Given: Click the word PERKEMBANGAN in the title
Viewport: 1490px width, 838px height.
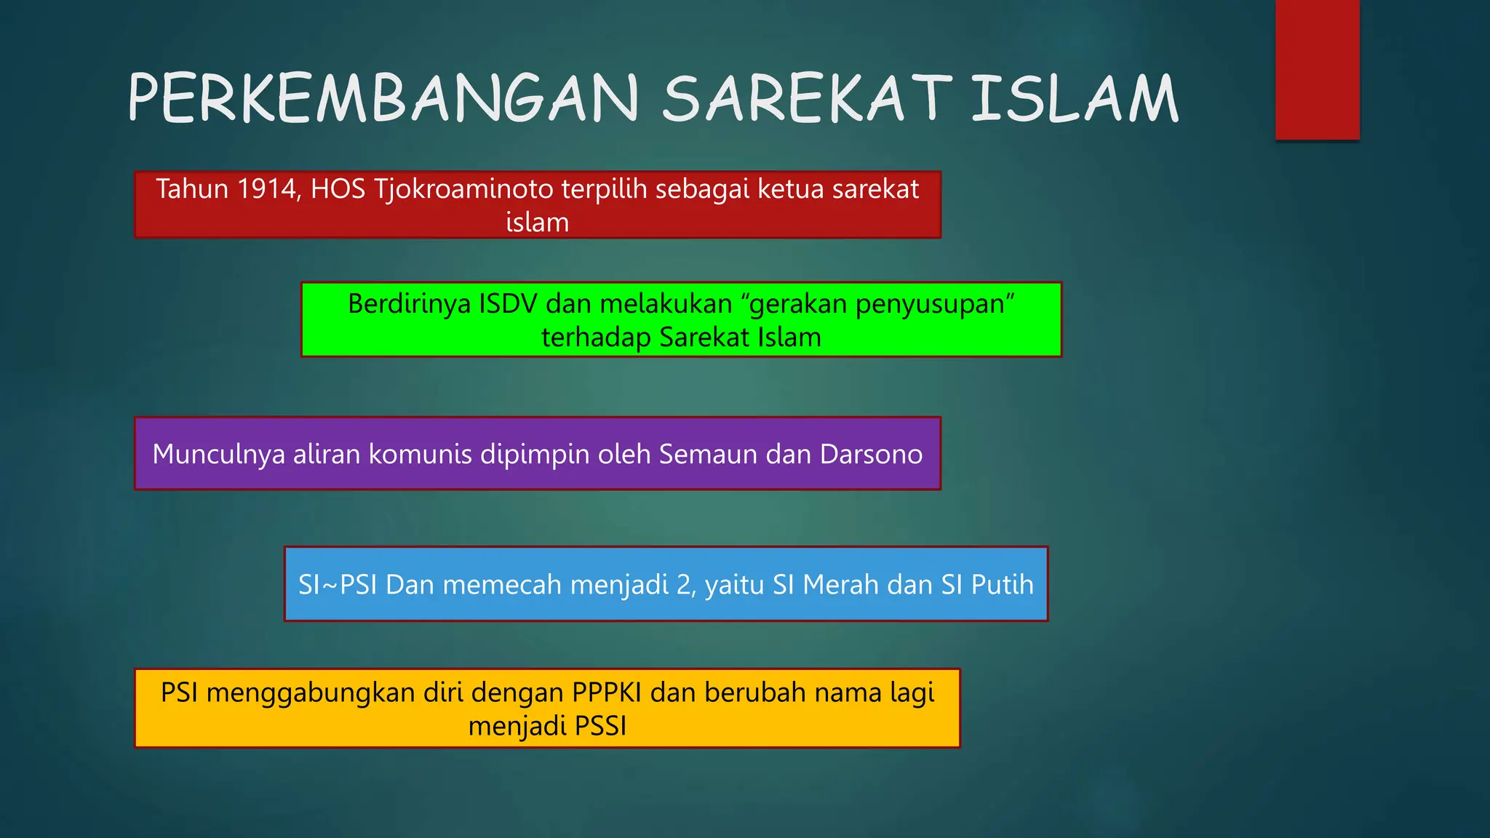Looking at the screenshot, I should pos(383,98).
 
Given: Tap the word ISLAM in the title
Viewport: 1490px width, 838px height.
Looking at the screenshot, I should pos(1075,98).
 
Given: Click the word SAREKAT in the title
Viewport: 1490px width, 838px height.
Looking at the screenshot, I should pos(806,98).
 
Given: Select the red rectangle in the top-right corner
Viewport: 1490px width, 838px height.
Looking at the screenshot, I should pos(1317,70).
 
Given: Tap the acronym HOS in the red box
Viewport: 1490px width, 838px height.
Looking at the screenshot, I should pos(338,189).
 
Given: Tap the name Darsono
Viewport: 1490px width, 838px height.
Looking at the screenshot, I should pos(871,454).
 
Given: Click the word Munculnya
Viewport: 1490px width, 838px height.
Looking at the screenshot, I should pos(218,454).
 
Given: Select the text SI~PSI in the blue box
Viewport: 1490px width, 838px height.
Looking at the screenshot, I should pos(338,585).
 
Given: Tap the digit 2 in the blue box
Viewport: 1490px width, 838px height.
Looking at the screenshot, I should pos(684,585).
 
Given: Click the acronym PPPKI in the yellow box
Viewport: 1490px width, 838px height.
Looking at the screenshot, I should pos(606,693).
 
